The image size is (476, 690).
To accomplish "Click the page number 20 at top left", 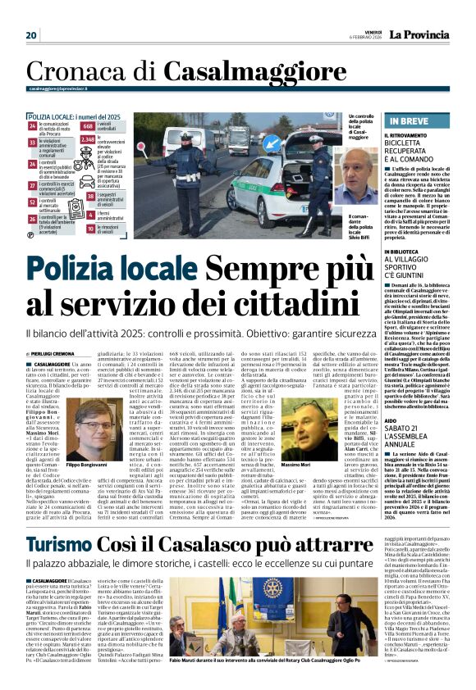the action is [32, 35].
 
